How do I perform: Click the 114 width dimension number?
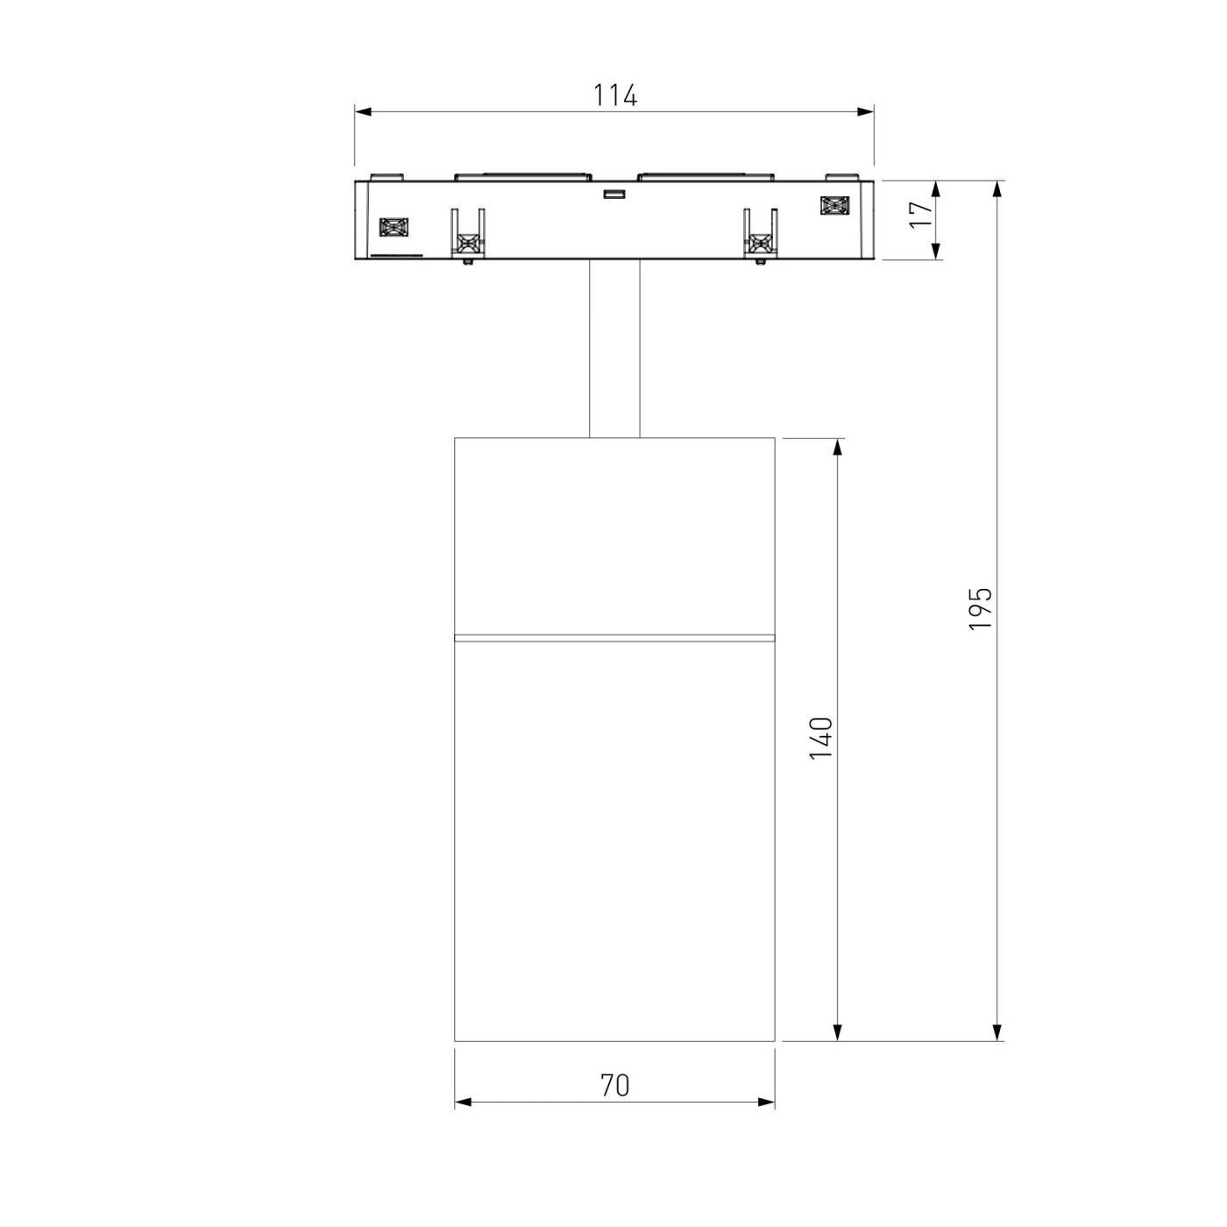click(x=615, y=96)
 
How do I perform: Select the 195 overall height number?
click(x=980, y=609)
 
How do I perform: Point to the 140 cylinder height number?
click(x=820, y=738)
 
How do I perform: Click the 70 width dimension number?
click(x=615, y=1085)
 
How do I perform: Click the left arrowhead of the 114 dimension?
click(x=364, y=112)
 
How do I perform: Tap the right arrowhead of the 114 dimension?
click(x=865, y=112)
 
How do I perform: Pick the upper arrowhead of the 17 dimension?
click(x=935, y=189)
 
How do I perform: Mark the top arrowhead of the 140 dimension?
click(x=838, y=447)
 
